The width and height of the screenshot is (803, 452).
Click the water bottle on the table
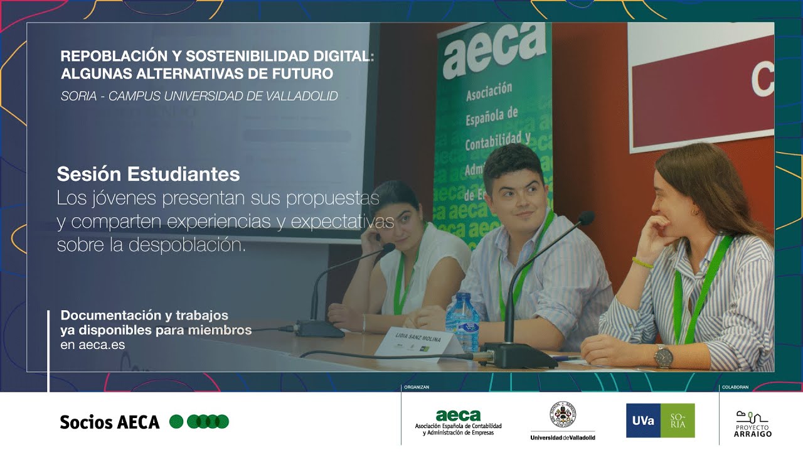[x=462, y=320]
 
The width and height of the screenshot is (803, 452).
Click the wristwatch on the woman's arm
[x=663, y=356]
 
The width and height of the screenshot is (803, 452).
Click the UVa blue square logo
[x=643, y=421]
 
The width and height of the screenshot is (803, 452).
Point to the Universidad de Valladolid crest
[x=562, y=415]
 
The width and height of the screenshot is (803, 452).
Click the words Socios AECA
[x=110, y=422]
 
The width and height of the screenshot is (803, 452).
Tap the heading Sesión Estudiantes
[x=148, y=173]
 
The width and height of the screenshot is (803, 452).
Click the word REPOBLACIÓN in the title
[x=109, y=56]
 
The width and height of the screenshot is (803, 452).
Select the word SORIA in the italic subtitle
[x=78, y=96]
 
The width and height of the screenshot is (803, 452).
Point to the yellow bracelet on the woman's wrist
[x=642, y=262]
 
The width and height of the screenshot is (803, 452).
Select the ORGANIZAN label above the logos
[x=417, y=387]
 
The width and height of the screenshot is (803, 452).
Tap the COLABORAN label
[x=735, y=387]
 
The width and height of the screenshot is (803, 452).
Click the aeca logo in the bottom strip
[x=458, y=416]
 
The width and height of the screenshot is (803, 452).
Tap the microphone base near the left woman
[x=319, y=328]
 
